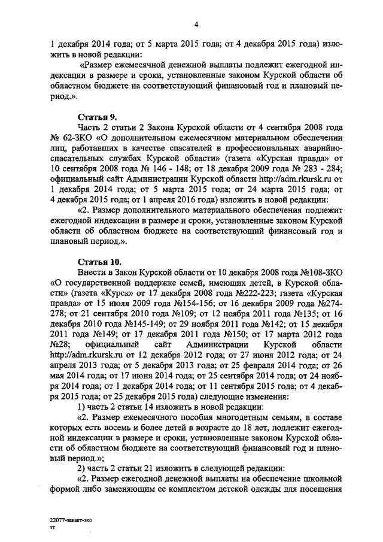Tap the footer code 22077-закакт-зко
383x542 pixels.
71,522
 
